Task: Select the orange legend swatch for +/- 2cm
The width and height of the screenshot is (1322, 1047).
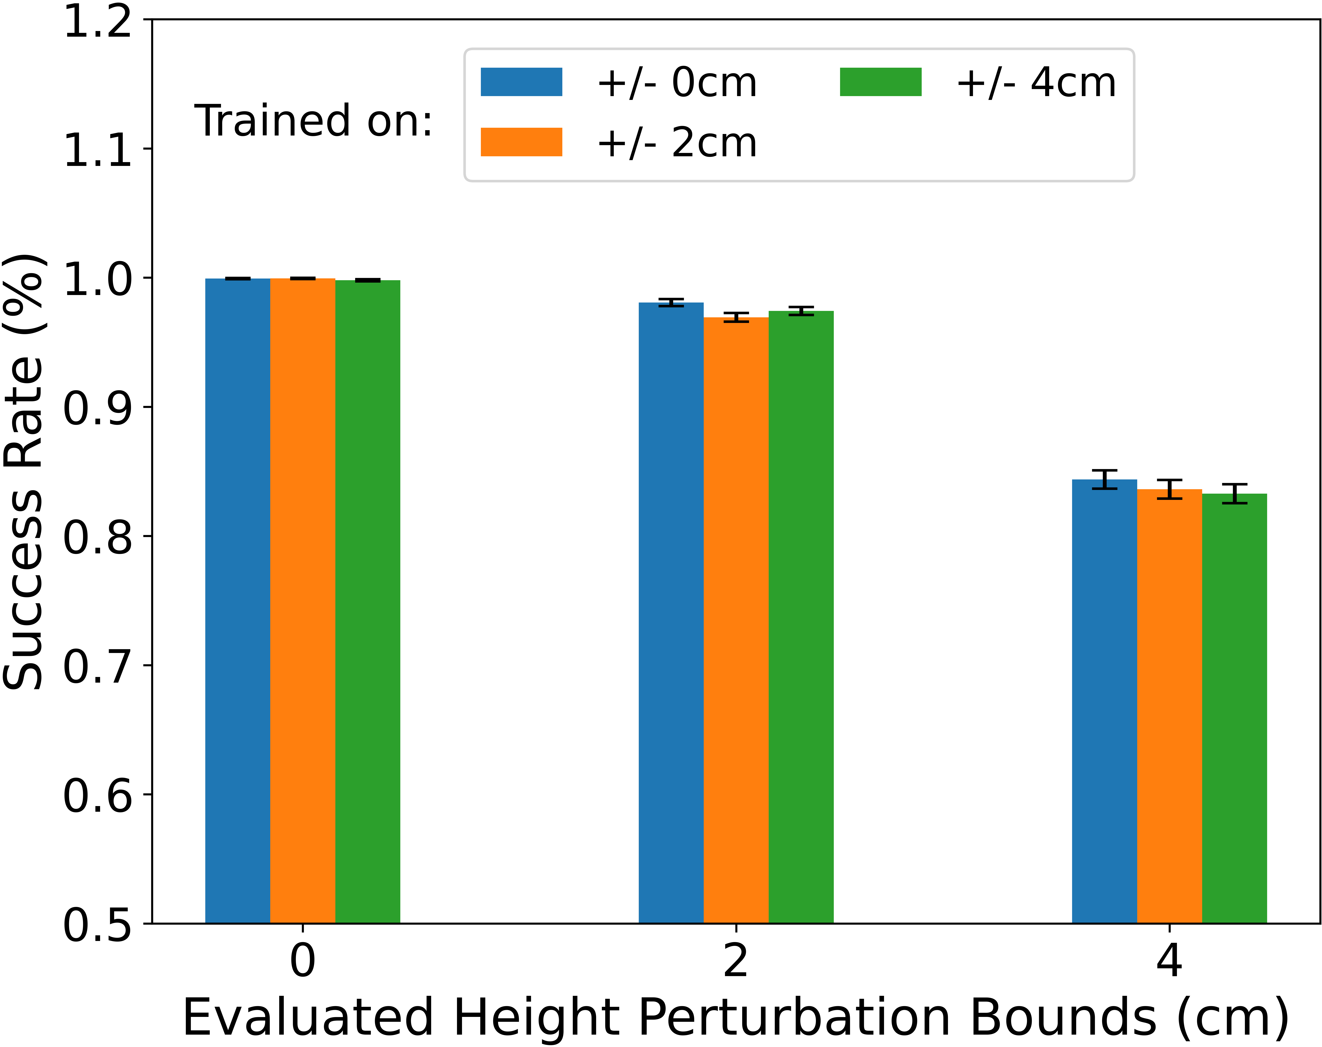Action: tap(521, 142)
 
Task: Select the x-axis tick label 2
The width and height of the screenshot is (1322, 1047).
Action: tap(736, 961)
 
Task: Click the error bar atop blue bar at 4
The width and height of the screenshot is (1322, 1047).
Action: tap(1104, 479)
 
